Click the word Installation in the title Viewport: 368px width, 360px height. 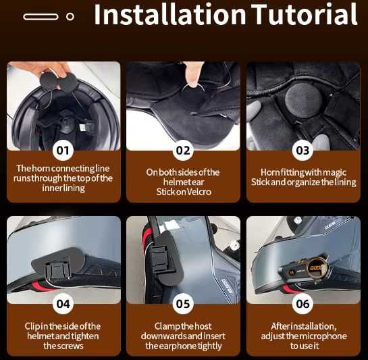tap(170, 15)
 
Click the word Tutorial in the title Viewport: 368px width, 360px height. tap(305, 15)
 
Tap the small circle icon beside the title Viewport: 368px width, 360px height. tap(70, 17)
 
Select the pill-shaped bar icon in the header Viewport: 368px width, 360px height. tap(41, 17)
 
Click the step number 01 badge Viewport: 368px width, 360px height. tap(63, 151)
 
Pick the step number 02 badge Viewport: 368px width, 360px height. tap(183, 151)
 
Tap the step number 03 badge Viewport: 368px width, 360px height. tap(303, 151)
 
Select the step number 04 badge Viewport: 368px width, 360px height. tap(63, 304)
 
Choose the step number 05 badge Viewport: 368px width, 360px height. tap(183, 304)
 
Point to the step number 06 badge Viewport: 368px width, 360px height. tap(303, 304)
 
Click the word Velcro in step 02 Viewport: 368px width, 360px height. tap(199, 192)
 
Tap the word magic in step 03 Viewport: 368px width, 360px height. tap(334, 173)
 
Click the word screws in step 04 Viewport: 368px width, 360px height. tap(71, 346)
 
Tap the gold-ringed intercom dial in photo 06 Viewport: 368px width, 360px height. tap(316, 268)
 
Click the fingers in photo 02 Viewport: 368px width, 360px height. tap(193, 74)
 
